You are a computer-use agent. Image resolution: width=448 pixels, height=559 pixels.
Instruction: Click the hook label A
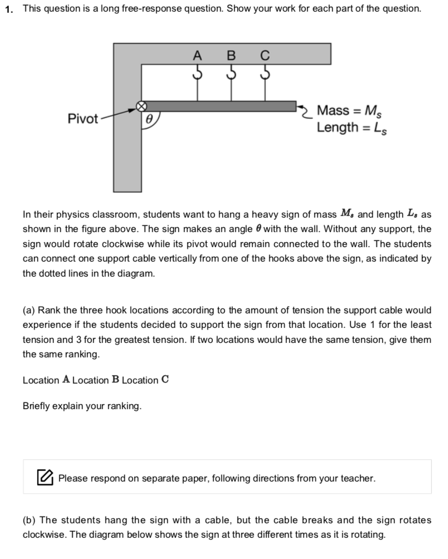coord(197,56)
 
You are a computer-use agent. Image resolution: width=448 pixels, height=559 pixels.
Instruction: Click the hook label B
coord(230,56)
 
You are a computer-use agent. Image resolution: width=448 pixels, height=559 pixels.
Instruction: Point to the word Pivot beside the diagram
coord(82,118)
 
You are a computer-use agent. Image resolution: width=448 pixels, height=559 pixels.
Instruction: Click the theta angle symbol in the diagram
coord(149,120)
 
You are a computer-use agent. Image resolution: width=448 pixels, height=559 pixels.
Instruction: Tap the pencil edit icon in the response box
coord(46,477)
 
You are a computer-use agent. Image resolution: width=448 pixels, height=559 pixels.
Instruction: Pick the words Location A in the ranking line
coord(46,380)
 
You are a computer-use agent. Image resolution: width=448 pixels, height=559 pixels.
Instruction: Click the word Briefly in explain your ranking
coord(37,406)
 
